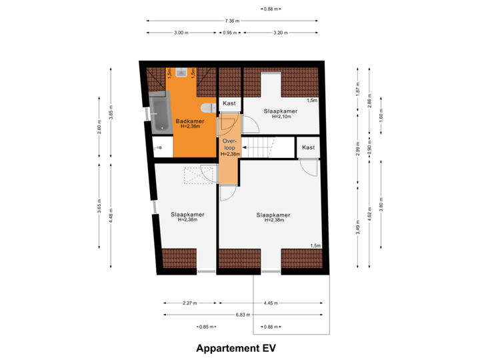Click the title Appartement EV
236,348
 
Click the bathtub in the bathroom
160,113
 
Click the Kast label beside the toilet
229,104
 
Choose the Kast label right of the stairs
307,147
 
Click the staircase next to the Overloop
267,147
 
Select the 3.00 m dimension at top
180,32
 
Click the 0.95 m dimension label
229,32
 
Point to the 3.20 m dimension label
280,32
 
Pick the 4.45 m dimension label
271,303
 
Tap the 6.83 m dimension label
242,314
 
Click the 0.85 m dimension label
206,327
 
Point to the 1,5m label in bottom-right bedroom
315,245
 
